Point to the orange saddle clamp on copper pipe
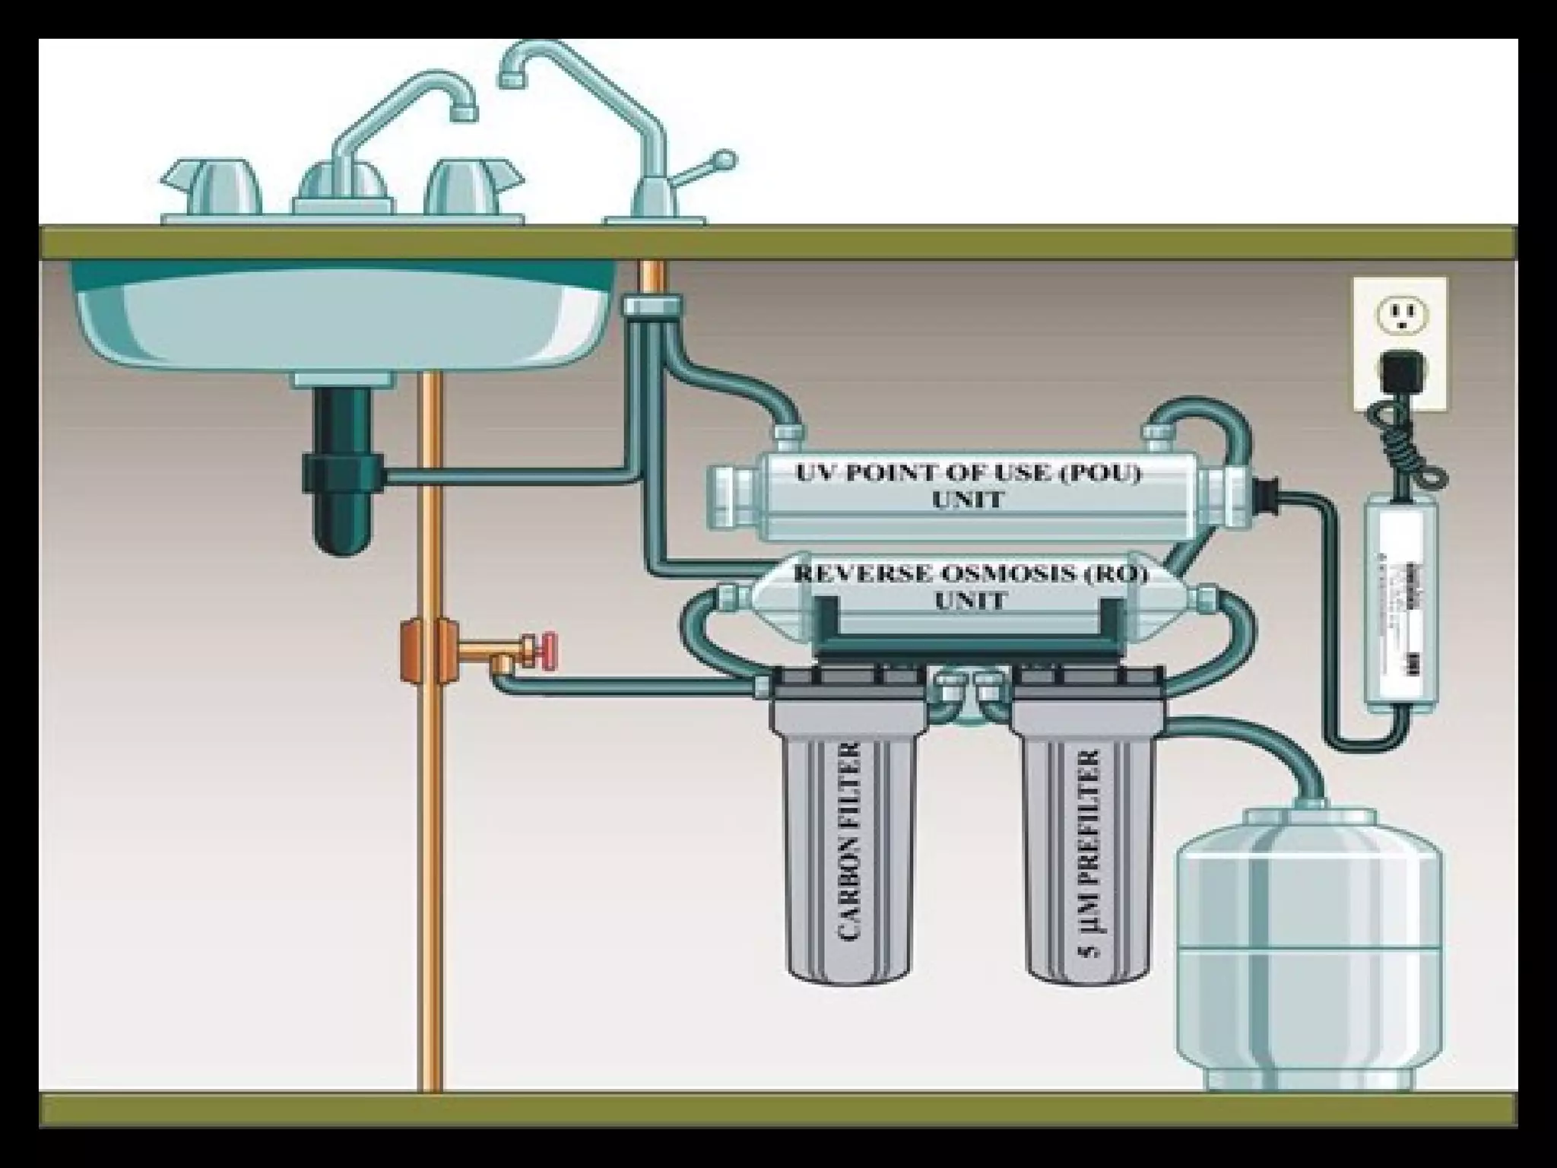click(x=415, y=650)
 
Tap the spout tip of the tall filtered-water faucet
click(x=511, y=77)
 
